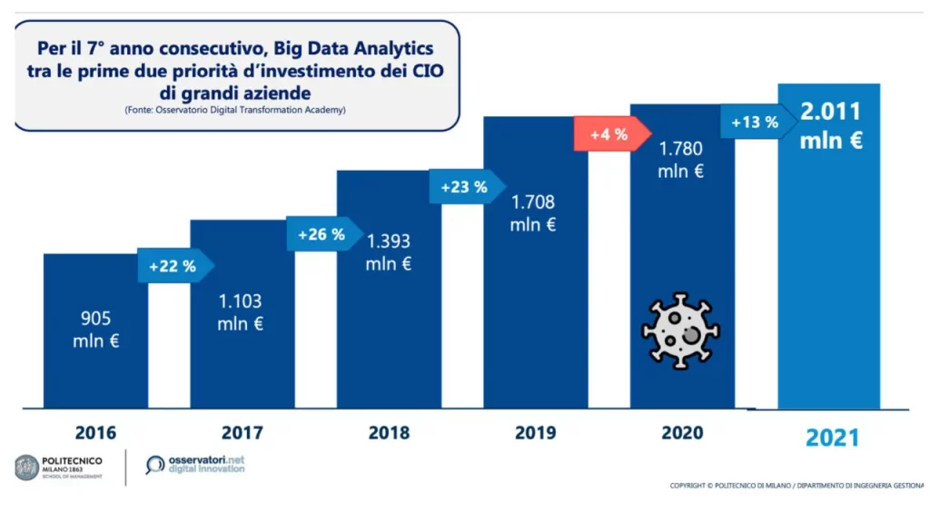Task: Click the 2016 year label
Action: [x=95, y=433]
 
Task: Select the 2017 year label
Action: [x=242, y=433]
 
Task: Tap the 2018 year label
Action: [x=389, y=433]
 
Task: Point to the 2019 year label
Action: [x=535, y=433]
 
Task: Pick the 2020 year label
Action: [x=682, y=433]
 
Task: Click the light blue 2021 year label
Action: [x=832, y=438]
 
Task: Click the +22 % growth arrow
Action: [x=173, y=266]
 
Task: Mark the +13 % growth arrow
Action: [x=756, y=122]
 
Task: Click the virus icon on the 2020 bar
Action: [x=680, y=330]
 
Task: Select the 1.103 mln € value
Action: [x=241, y=311]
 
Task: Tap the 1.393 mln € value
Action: [x=388, y=252]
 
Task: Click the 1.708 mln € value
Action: [x=533, y=212]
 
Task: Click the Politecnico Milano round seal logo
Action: [x=27, y=467]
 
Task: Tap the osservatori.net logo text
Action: [x=207, y=460]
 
